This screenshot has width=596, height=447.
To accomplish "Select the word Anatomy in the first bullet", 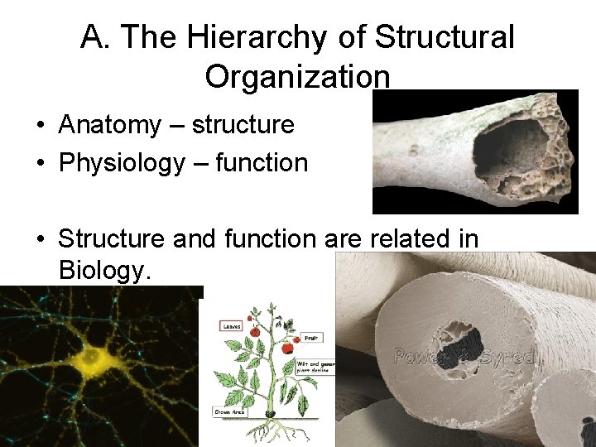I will point(109,125).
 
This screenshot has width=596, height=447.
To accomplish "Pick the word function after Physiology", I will point(262,162).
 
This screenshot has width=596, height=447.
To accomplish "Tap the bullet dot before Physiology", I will point(40,164).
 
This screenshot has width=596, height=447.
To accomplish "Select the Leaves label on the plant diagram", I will point(231,325).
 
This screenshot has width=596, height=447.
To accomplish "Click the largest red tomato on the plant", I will point(286,348).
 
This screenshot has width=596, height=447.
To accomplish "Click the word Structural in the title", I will point(445,37).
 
